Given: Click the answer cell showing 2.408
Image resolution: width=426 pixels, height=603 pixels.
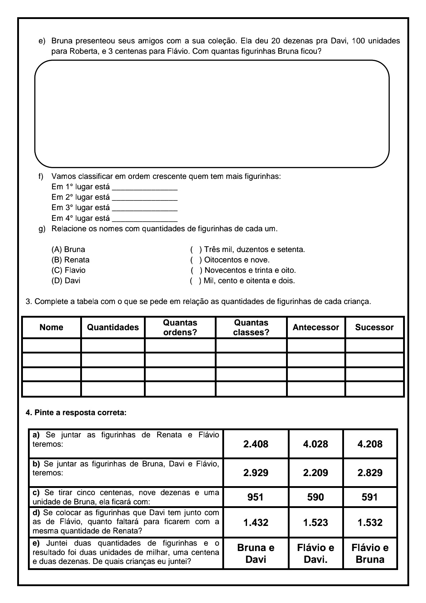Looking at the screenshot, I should point(256,444).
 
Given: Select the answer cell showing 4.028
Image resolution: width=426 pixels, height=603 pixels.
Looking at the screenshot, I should point(315,444).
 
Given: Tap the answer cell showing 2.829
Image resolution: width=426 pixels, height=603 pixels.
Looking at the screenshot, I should point(370,473).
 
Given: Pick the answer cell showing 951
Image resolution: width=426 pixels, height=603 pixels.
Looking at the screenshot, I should point(256,497).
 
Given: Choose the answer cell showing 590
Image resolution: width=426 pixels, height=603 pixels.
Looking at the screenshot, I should point(315,497).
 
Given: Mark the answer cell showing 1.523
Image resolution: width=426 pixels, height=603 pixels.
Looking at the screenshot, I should point(315,522).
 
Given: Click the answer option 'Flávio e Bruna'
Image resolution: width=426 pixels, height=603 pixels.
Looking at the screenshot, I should point(370,554).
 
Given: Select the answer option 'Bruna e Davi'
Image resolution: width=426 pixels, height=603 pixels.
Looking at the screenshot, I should point(256,554).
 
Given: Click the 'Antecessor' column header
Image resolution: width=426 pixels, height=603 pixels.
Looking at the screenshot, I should point(316,327).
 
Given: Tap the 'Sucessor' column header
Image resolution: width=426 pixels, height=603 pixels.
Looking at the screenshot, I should point(374,327).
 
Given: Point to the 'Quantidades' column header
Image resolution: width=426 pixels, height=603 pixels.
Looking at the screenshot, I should point(113,327).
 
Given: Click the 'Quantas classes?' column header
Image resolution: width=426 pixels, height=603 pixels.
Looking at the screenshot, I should point(251,327).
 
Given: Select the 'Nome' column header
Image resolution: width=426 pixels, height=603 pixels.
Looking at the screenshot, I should point(52,327).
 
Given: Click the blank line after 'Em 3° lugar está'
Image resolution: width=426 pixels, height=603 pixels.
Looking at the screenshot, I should point(145,208).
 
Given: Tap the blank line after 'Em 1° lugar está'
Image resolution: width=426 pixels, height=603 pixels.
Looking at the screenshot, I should point(145,187).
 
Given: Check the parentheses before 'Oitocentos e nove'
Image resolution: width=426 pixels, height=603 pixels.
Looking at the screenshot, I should point(196,260).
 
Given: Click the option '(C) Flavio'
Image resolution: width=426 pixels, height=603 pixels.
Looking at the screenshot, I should point(69,270).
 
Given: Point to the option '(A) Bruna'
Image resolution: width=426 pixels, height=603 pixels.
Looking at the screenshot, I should point(68,250).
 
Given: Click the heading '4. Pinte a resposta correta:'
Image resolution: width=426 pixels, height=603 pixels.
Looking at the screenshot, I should point(76,413).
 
